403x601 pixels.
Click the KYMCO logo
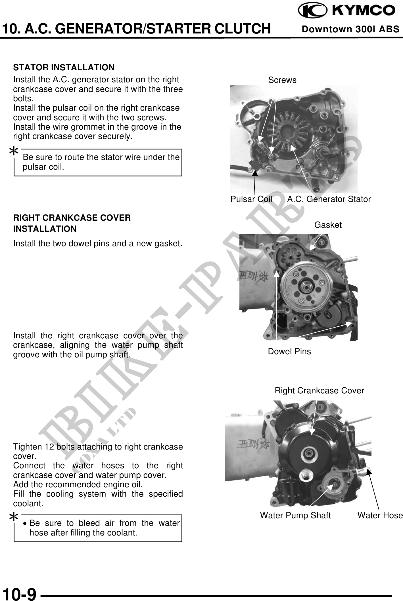(346, 11)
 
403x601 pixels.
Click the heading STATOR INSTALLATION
(64, 68)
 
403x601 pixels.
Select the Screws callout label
(282, 80)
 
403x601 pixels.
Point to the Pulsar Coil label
(251, 199)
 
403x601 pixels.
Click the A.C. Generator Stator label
(329, 199)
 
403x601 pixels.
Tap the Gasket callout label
(328, 225)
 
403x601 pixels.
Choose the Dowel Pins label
(289, 351)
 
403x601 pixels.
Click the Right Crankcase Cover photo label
(320, 391)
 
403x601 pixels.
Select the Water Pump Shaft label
(295, 515)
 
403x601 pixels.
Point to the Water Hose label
(380, 515)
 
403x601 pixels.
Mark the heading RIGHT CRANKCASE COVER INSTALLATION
(72, 223)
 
